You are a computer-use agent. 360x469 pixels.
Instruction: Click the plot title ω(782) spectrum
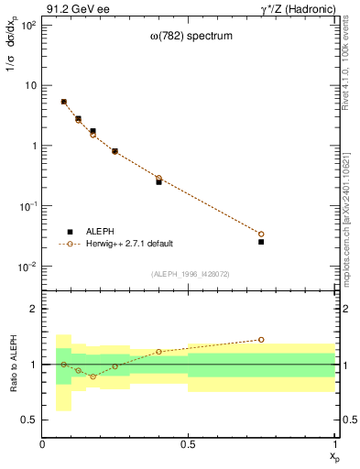click(x=189, y=37)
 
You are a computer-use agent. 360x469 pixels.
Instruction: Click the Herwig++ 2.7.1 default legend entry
click(x=126, y=244)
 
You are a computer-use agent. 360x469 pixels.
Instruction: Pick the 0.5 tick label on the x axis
click(x=188, y=444)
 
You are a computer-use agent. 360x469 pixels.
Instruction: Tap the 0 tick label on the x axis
click(x=42, y=444)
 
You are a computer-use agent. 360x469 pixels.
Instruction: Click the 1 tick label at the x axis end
click(x=334, y=444)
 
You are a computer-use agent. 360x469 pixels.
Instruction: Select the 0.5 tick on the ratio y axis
click(x=29, y=420)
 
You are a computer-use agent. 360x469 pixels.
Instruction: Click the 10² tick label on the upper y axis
click(x=27, y=25)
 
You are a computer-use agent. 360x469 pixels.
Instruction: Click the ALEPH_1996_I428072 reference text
click(x=189, y=274)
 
